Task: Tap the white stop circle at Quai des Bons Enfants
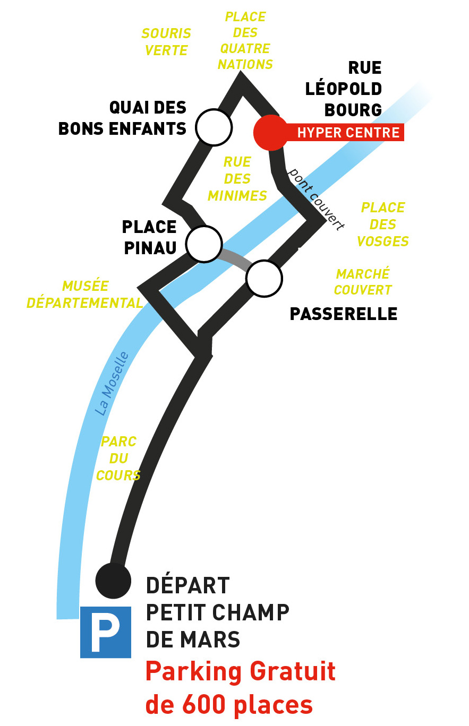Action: pos(214,127)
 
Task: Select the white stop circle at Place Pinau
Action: pos(204,244)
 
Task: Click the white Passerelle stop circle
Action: pos(264,279)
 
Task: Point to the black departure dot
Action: pos(113,581)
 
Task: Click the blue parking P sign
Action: pos(106,632)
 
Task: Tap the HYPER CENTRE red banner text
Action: pos(348,133)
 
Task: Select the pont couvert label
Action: pos(315,198)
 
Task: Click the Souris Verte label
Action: pos(166,42)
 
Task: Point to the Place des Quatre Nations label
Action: pos(245,40)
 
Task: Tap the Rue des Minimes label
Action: pos(237,179)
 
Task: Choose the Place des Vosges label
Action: pos(383,224)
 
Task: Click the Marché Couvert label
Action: pos(363,282)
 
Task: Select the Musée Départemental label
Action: pos(85,295)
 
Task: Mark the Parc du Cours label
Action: pos(118,458)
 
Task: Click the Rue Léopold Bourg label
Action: pos(344,89)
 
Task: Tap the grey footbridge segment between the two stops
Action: pos(234,258)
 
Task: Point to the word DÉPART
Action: pos(187,586)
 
